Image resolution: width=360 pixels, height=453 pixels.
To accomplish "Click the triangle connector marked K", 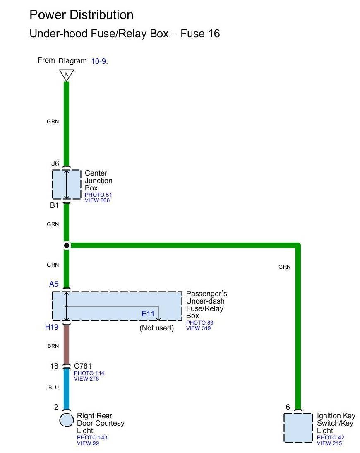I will [66, 75].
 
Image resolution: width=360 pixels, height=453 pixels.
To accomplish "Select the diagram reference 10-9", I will [99, 61].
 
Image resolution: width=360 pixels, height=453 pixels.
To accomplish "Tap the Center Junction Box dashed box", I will [66, 184].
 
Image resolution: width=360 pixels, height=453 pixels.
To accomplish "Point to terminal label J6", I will [55, 164].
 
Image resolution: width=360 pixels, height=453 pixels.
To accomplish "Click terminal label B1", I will [55, 205].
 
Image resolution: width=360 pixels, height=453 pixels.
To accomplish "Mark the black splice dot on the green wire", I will [66, 246].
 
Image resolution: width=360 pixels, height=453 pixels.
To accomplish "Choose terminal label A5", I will [54, 284].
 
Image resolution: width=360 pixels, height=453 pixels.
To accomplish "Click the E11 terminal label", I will [148, 314].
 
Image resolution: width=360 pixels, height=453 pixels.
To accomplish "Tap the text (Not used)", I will [156, 328].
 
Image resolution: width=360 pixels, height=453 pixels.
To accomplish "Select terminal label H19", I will [52, 327].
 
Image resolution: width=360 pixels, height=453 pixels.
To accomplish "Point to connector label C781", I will [82, 366].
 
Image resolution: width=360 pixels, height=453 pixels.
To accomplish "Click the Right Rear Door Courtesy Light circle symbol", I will [66, 420].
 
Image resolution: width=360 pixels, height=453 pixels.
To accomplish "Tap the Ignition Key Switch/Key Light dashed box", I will [298, 427].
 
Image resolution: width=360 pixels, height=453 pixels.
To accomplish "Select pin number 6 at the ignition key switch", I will [288, 407].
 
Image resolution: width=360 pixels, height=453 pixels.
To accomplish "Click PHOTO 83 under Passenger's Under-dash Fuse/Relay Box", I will [199, 323].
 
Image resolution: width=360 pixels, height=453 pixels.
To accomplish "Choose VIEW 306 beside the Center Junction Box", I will [97, 200].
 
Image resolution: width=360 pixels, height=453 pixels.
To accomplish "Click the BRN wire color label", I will [53, 346].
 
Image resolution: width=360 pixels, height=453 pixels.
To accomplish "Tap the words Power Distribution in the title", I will [82, 15].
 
